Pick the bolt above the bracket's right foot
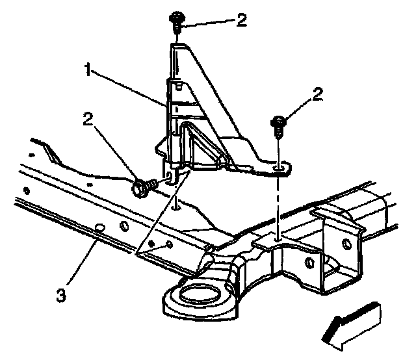click(x=278, y=125)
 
